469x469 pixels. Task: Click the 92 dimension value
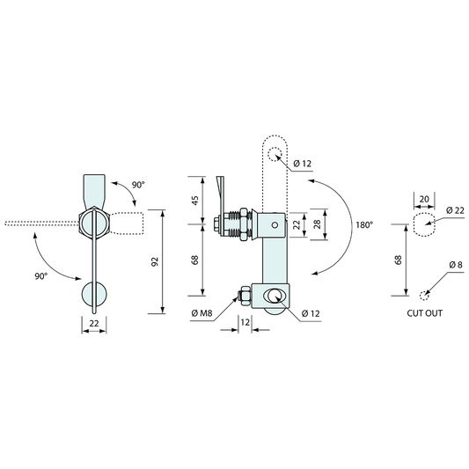coord(155,261)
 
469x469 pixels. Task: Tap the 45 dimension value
coord(194,200)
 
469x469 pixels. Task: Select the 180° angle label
coord(364,224)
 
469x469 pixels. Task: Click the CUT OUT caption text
coord(424,313)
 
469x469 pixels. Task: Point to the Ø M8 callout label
coord(202,313)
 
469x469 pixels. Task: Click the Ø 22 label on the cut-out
coord(455,210)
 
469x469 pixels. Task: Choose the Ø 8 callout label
coord(456,265)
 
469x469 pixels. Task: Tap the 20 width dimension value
coord(424,199)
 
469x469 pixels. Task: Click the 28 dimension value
coord(318,224)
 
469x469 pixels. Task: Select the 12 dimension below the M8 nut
coord(245,322)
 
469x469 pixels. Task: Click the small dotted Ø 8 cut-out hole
coord(424,296)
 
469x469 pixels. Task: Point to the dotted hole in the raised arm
coord(275,154)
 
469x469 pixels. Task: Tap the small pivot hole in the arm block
coord(275,224)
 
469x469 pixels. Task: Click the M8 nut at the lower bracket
coord(244,296)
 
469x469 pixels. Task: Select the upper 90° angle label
coord(138,185)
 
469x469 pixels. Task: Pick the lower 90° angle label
coord(41,276)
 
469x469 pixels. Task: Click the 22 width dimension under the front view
coord(94,323)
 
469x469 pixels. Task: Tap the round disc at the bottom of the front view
coord(94,294)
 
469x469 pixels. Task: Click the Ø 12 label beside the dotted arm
coord(303,164)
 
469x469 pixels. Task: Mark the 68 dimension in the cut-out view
coord(398,260)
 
